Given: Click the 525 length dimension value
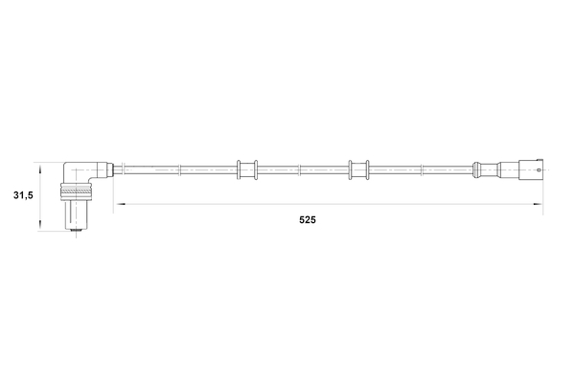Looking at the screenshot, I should [x=307, y=219].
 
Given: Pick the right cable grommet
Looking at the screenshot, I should [x=360, y=170].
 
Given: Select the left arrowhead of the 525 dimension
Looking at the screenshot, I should [x=120, y=204].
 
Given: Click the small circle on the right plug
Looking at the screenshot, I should [x=542, y=170].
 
